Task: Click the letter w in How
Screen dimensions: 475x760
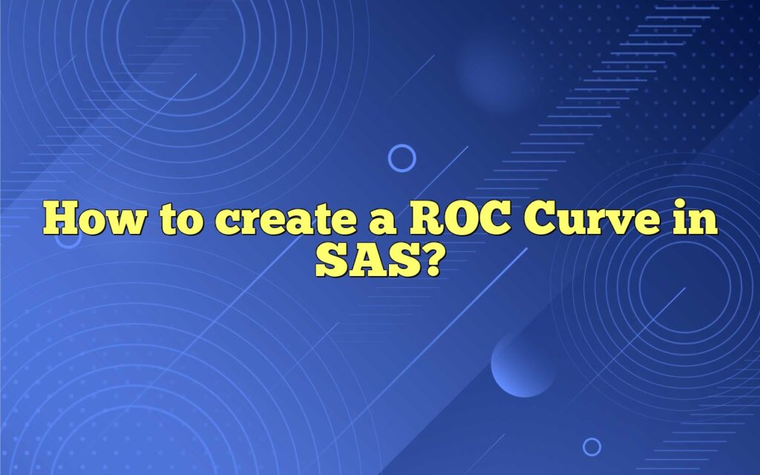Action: [x=119, y=223]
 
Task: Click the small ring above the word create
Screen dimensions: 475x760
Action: [x=402, y=158]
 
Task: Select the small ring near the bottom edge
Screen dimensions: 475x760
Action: [x=592, y=446]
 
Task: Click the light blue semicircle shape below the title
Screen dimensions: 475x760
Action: [x=524, y=364]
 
